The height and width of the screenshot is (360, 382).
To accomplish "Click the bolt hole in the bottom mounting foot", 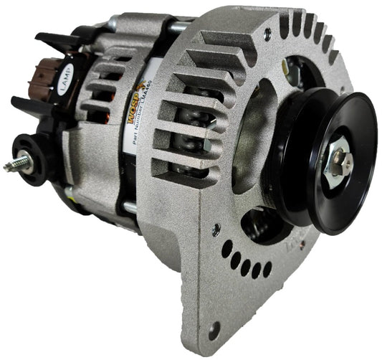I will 213,330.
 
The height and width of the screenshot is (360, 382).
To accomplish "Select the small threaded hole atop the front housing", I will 267,32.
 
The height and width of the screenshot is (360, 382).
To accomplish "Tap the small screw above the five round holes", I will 216,229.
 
